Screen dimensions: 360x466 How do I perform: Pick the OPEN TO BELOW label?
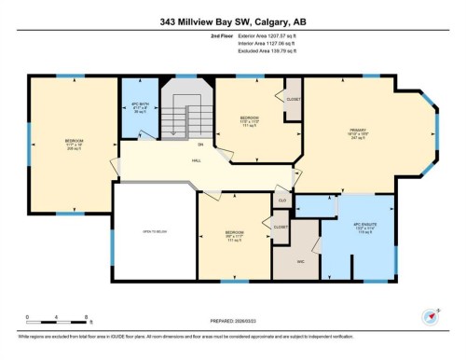(x=154, y=231)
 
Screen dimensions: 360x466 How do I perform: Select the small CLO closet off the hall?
(x=281, y=201)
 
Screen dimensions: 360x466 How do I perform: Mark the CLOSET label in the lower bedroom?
(x=280, y=227)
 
